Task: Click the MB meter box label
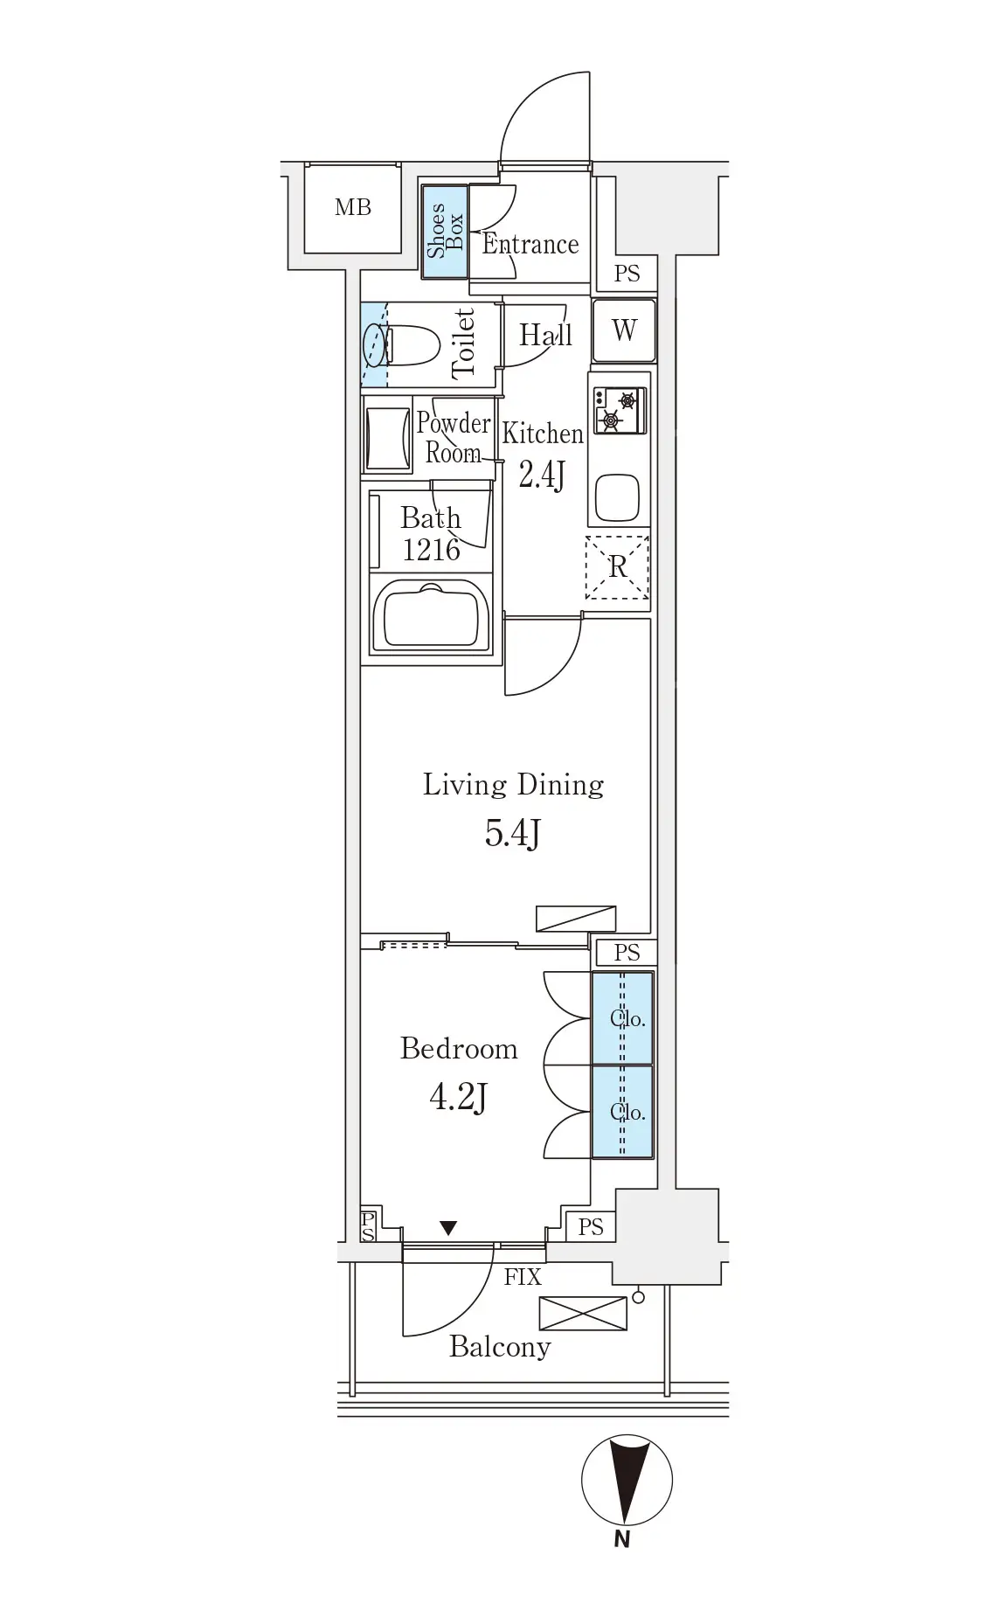(353, 207)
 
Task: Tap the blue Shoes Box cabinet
(445, 232)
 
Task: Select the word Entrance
(530, 244)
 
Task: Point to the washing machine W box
(624, 330)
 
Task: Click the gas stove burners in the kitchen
(619, 410)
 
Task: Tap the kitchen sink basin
(618, 497)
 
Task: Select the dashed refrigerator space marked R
(618, 567)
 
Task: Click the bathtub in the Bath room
(431, 616)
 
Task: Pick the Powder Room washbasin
(387, 439)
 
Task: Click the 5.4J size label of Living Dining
(513, 834)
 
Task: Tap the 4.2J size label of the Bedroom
(458, 1096)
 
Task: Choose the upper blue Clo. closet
(623, 1018)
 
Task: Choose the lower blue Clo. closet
(623, 1112)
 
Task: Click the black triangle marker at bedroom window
(448, 1228)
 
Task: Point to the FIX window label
(523, 1277)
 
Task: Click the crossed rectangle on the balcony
(583, 1313)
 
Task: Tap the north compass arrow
(627, 1481)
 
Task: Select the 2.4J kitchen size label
(542, 475)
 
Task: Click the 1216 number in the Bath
(432, 549)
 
